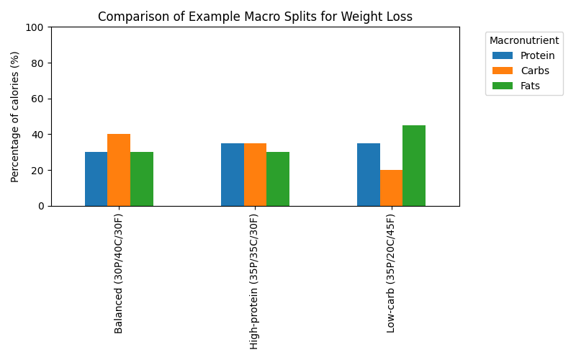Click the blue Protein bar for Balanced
pos(96,179)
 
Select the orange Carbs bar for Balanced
pos(119,170)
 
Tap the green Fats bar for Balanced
pos(142,179)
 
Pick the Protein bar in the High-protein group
pos(233,175)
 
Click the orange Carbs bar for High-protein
pos(255,175)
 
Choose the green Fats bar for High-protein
pos(278,179)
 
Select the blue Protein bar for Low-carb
pos(369,175)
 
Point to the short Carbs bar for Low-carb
pos(391,188)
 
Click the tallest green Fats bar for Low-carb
pos(414,166)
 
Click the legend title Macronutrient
pos(523,40)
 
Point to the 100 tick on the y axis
pos(37,27)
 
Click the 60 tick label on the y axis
pos(39,99)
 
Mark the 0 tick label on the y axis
pos(42,206)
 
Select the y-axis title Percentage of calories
pos(15,117)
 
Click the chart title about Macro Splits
pos(255,17)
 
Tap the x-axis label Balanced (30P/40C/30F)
pos(119,273)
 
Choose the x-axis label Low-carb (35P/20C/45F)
pos(391,273)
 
